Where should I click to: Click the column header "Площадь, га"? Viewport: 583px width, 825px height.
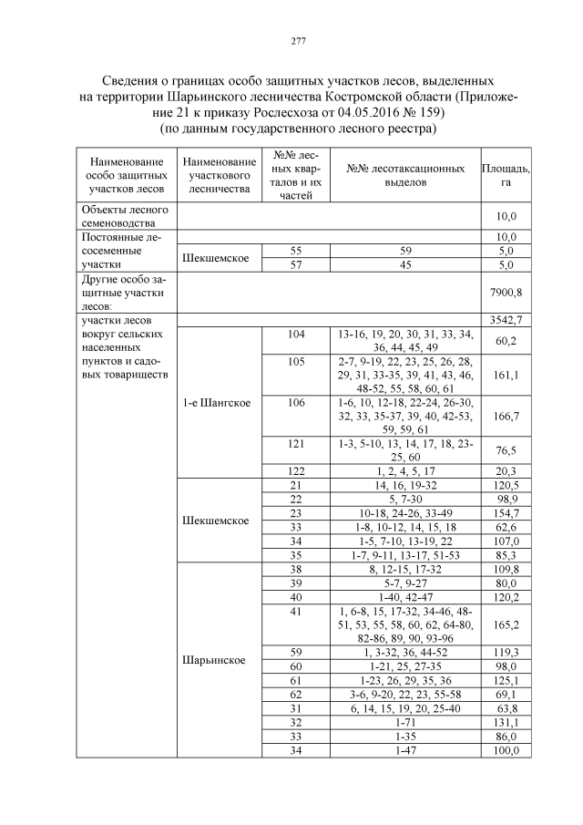(x=506, y=176)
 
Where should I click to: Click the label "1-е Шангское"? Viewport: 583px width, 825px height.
(x=217, y=402)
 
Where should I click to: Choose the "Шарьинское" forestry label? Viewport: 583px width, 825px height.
(x=217, y=660)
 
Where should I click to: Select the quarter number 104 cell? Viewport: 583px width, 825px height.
(x=294, y=335)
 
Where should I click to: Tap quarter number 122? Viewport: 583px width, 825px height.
(x=294, y=471)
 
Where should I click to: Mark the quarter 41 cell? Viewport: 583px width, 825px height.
(x=294, y=611)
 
